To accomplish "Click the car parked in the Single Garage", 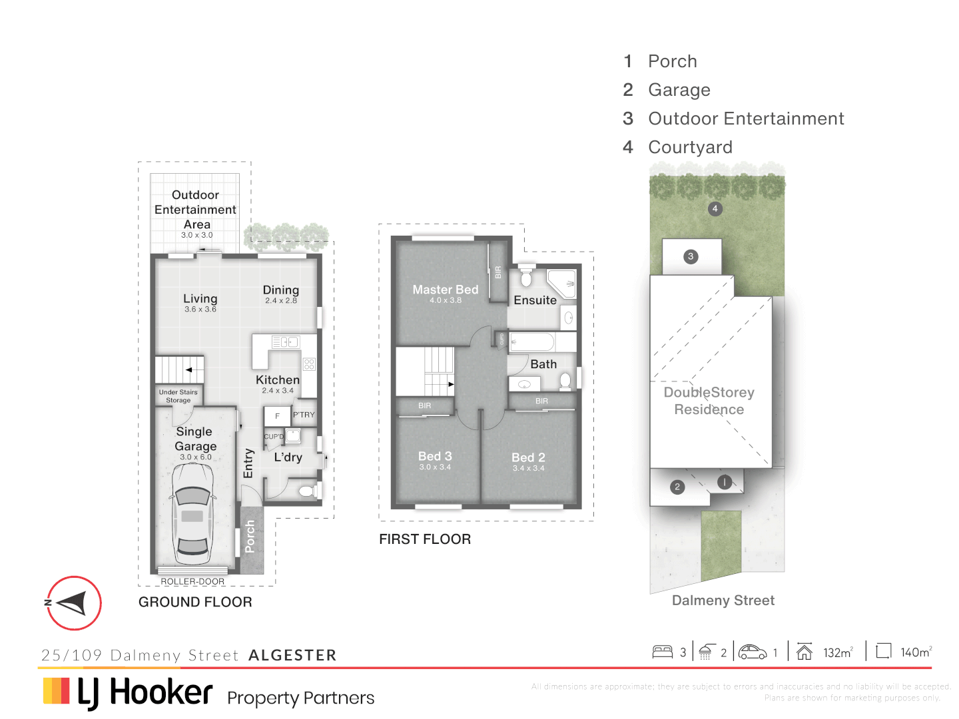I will point(193,514).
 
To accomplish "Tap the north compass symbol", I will point(74,603).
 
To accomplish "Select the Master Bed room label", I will point(446,290).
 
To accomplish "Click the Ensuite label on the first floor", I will point(535,300).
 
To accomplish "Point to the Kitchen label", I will point(278,380).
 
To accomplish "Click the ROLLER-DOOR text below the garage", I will point(192,581).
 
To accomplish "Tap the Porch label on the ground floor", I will point(250,537).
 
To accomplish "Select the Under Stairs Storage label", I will point(178,396).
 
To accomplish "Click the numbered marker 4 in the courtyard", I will point(715,208).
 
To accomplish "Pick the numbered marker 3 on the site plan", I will point(691,256).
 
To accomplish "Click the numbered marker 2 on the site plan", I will point(677,487).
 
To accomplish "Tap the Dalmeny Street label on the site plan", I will point(723,600).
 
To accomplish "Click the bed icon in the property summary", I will point(663,652).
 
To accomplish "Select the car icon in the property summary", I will point(753,652).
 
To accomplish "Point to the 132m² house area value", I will point(837,652).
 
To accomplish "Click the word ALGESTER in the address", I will point(292,655).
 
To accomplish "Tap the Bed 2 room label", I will point(528,458).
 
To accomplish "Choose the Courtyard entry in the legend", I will point(690,147).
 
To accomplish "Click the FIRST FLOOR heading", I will point(425,539).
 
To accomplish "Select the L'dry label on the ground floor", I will point(288,457).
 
